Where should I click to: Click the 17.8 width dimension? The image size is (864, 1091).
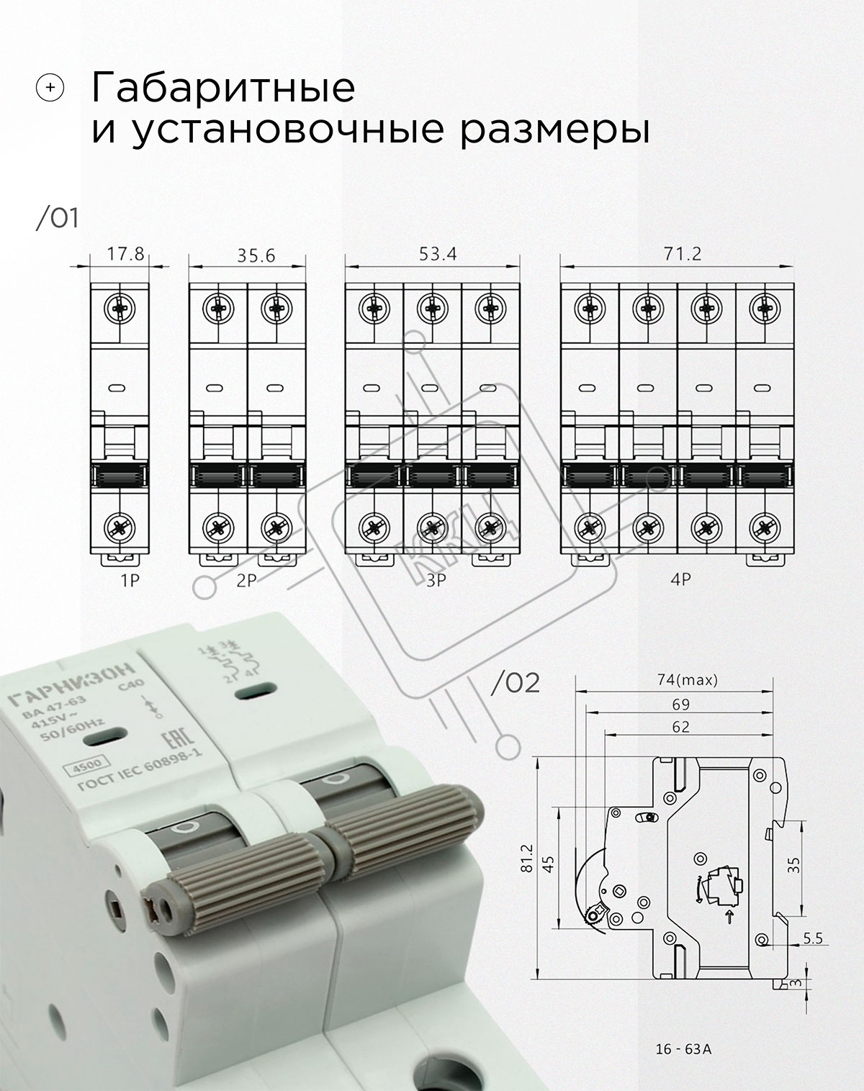click(125, 253)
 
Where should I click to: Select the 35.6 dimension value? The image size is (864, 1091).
click(256, 255)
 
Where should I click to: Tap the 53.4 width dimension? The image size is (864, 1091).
click(438, 253)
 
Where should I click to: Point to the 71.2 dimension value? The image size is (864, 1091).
click(683, 253)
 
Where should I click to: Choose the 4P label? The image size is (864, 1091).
click(681, 579)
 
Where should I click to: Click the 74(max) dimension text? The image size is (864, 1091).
click(688, 680)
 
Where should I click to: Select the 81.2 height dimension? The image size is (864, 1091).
click(527, 858)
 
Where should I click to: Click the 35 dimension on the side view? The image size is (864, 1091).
click(794, 864)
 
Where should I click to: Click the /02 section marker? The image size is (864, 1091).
click(516, 684)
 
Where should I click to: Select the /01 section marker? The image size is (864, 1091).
click(57, 219)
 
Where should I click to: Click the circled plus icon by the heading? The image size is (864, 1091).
click(50, 88)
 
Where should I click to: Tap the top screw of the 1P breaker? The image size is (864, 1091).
click(120, 308)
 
